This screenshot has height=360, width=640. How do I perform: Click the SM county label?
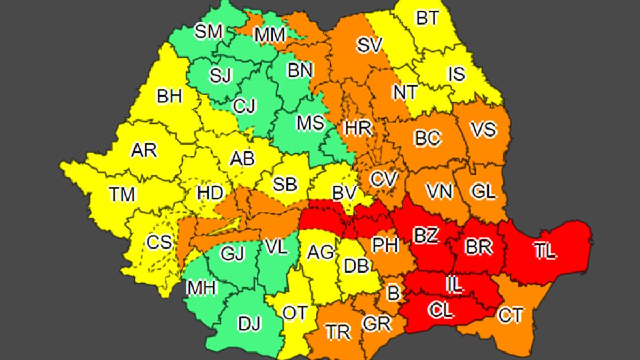pos(208,32)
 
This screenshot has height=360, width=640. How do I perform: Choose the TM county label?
pos(123,194)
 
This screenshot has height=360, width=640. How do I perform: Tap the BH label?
pos(170,97)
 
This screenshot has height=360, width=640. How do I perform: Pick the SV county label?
pos(370,45)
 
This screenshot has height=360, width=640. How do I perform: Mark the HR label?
pos(358,128)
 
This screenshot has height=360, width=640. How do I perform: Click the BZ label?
pos(426,235)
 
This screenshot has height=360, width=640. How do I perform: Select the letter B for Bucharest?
pos(394,292)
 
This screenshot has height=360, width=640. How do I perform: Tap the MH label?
pos(201,289)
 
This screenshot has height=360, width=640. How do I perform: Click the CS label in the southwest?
pos(159,243)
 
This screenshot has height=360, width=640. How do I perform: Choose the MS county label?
pos(310,123)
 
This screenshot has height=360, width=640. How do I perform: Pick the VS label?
pos(483,129)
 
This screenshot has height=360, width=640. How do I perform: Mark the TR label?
pos(338,332)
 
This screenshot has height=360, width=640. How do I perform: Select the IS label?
pos(456,74)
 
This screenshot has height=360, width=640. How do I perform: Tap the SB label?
pos(285,185)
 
